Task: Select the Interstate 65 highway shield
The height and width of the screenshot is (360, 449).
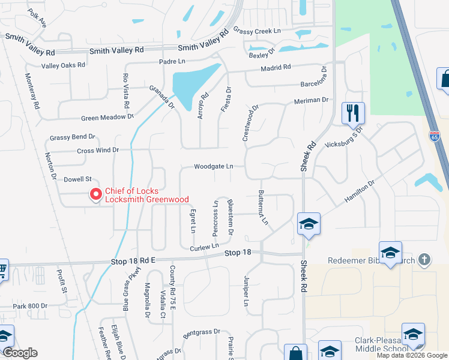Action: click(435, 136)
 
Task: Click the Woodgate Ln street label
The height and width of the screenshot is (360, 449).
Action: click(213, 167)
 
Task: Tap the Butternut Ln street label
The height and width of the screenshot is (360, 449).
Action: click(263, 208)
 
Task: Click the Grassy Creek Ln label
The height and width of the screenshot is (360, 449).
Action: click(257, 31)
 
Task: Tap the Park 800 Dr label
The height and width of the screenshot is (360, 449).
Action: click(30, 306)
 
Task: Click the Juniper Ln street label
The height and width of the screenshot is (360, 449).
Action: click(246, 292)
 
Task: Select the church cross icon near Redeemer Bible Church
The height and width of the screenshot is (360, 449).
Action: click(424, 260)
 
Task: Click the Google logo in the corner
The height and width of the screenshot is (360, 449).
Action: click(20, 353)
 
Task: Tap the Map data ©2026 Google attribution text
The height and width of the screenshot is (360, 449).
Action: click(412, 355)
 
